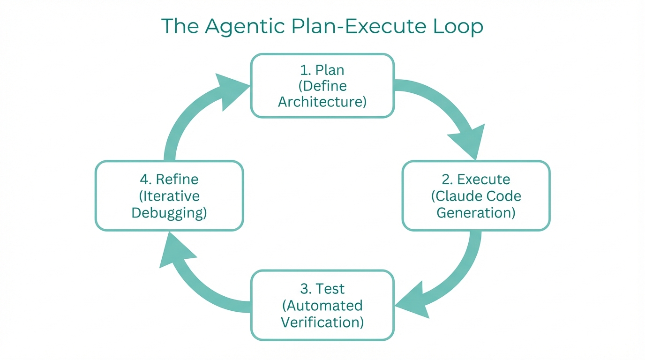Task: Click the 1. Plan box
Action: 322,85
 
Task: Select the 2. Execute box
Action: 476,195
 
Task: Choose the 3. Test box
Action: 322,305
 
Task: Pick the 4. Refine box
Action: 169,195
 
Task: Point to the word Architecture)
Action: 322,102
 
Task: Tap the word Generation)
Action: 476,212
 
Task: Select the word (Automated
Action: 322,306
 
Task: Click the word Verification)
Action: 322,322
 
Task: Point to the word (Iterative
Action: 169,196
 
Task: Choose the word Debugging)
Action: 169,212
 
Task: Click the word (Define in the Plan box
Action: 322,86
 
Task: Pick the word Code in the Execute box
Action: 502,196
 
